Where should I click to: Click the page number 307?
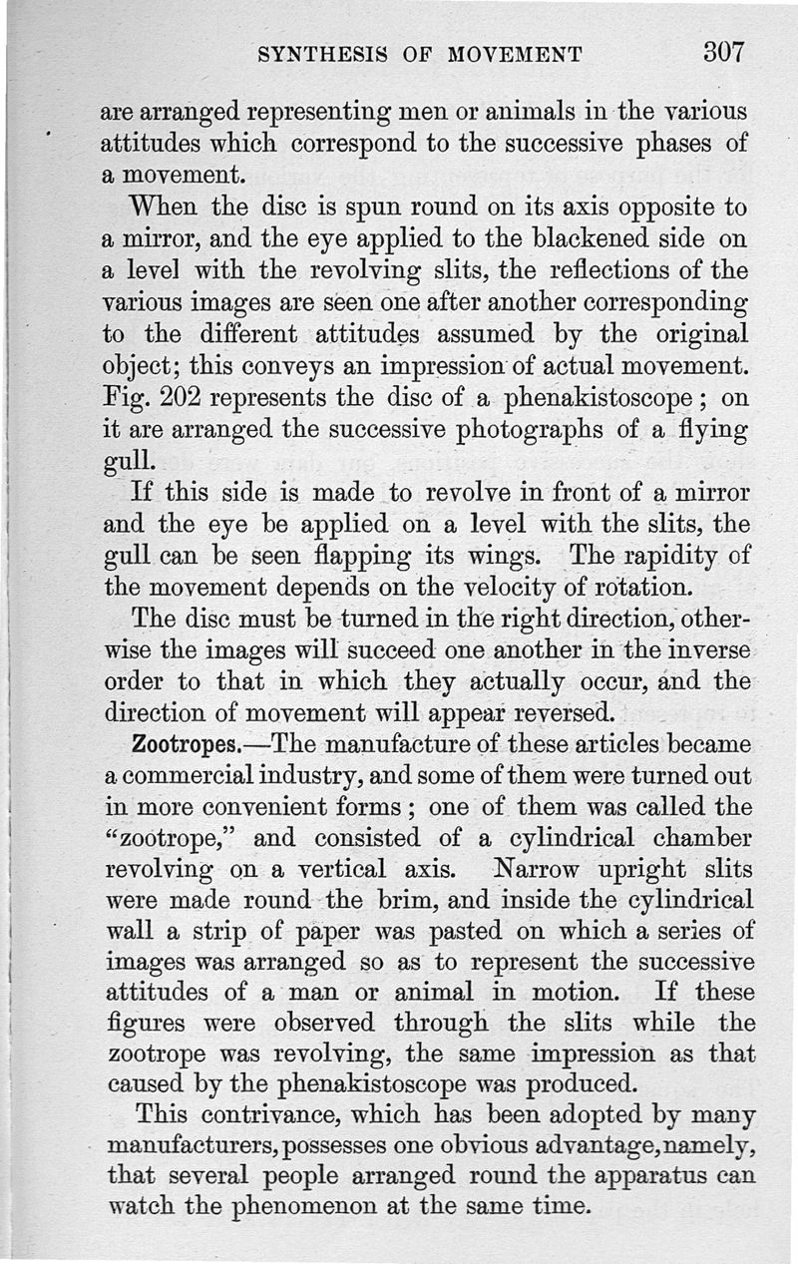click(723, 52)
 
